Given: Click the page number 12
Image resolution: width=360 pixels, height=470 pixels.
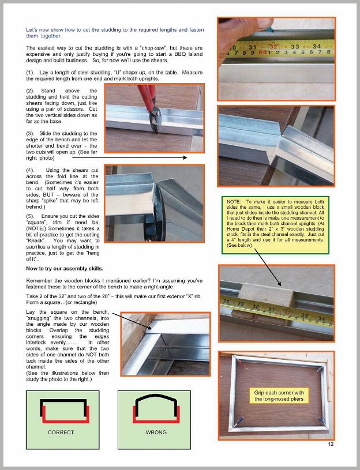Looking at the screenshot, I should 331,443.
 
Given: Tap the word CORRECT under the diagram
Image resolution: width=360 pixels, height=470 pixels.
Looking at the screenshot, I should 61,432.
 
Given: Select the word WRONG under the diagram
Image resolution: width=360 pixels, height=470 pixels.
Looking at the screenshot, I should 156,432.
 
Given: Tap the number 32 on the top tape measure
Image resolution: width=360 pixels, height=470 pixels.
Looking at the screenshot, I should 275,46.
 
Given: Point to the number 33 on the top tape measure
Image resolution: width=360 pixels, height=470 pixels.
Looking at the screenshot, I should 295,47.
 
